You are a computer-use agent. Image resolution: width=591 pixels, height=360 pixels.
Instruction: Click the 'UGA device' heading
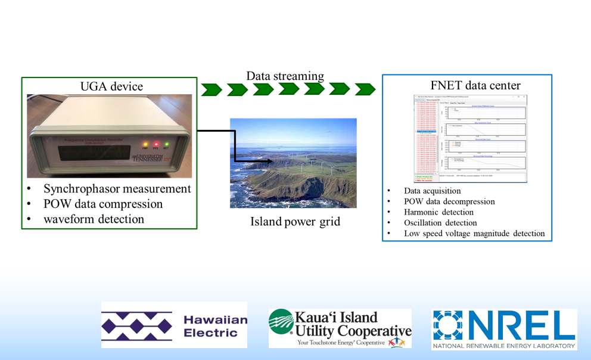click(111, 86)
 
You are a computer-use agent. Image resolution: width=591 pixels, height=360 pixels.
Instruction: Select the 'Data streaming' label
click(285, 76)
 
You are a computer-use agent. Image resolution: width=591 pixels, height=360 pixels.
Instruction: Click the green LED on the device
click(167, 144)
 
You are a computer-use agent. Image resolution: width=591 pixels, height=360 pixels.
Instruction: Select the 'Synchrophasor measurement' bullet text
click(117, 189)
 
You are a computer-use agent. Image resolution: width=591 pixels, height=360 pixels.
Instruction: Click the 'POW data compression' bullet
click(103, 204)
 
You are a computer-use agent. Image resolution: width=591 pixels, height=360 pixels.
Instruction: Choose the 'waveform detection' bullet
click(94, 219)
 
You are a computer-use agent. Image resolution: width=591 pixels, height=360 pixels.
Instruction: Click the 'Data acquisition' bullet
click(432, 191)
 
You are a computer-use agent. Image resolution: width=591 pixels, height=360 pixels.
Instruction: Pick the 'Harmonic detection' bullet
click(438, 212)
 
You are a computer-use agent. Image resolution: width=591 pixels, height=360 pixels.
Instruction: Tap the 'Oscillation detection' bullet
click(440, 223)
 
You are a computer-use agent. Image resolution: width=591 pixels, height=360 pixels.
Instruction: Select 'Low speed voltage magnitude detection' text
click(474, 233)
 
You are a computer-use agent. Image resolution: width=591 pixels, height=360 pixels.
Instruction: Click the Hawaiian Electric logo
click(174, 325)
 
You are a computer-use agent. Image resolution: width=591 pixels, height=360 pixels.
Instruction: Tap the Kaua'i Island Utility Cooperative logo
click(340, 328)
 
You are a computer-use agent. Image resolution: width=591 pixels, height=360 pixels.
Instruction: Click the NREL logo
click(504, 329)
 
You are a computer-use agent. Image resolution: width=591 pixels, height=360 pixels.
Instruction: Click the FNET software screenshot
click(467, 138)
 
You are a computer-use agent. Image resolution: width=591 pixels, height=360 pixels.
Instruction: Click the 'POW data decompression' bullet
click(450, 201)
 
